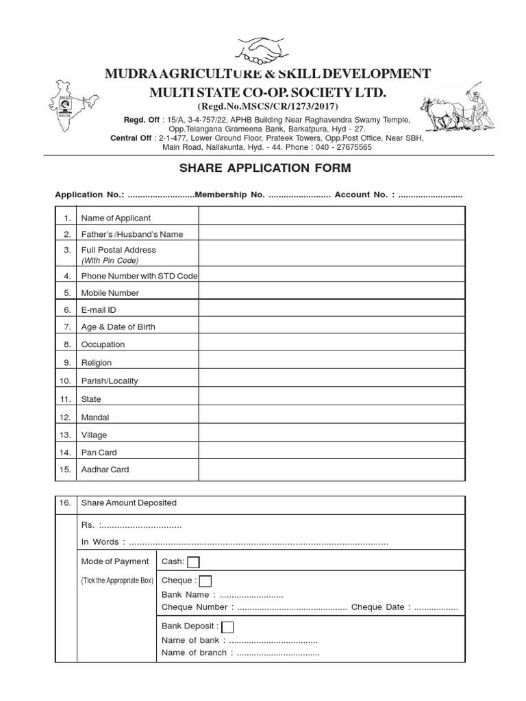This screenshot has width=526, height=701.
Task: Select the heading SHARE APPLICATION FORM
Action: click(265, 168)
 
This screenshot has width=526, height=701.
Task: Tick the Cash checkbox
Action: click(193, 562)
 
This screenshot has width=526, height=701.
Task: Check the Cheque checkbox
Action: click(205, 581)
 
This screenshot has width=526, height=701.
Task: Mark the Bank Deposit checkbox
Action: click(228, 627)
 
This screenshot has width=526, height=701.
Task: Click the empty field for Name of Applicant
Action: click(331, 217)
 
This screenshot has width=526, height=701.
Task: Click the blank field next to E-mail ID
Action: click(331, 309)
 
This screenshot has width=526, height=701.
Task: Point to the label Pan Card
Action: click(99, 453)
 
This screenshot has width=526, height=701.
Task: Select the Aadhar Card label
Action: click(105, 470)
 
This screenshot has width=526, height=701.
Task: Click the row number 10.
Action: click(66, 381)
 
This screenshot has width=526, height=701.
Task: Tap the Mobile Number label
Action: click(110, 293)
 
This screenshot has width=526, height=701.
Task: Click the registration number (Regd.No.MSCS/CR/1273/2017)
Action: click(268, 107)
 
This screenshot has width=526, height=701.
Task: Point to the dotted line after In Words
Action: click(258, 543)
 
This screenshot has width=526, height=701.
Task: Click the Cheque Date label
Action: click(380, 607)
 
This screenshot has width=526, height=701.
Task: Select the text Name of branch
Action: click(194, 653)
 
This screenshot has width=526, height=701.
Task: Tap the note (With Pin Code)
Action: click(110, 261)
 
